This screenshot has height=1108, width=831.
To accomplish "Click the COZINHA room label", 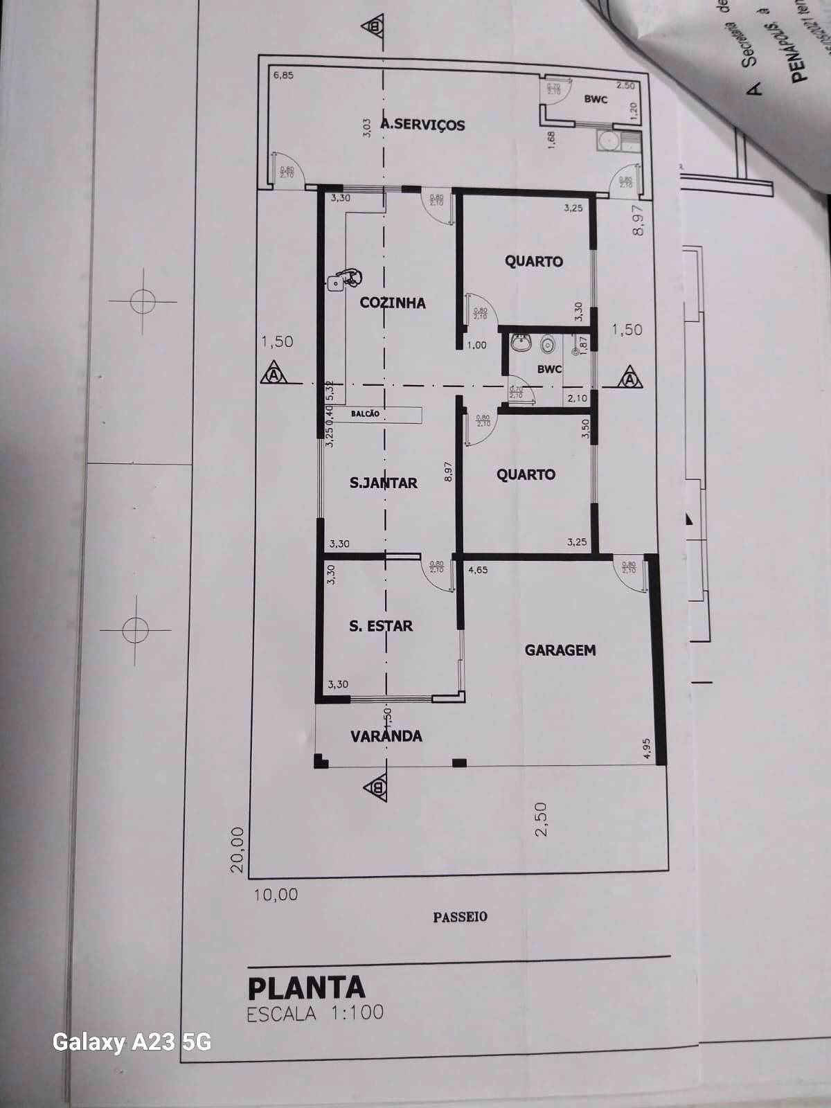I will (393, 303).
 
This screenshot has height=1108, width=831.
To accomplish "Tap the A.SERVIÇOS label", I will (423, 125).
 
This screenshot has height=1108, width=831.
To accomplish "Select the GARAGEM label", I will (560, 650).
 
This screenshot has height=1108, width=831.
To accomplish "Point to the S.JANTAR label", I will (383, 483).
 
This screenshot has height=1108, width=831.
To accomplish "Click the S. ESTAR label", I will (380, 626).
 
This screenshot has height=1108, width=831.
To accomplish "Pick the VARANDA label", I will (386, 735).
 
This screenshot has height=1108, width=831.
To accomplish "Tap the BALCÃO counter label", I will (365, 414).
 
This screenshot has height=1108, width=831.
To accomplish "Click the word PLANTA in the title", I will (305, 987).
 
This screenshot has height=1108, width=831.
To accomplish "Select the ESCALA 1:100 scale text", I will (315, 1013).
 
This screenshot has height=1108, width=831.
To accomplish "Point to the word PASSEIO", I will (460, 917).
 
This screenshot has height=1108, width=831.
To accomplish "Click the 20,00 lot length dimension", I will (238, 849).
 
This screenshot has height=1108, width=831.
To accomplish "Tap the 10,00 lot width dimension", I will (276, 895).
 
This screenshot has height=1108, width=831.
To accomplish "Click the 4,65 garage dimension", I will (478, 571).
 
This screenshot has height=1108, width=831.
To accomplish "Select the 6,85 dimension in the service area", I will (283, 75).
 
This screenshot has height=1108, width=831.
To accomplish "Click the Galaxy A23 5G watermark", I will (132, 1042).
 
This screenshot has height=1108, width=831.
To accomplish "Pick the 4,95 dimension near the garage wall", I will (645, 749).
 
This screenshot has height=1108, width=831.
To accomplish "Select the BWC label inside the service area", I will (596, 99).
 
